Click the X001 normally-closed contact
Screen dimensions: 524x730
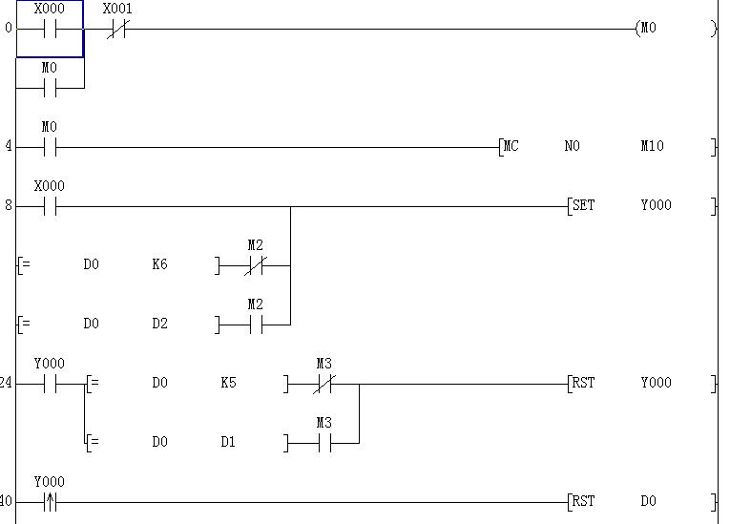point(116,29)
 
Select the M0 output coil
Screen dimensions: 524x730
point(649,29)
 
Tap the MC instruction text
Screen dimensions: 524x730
point(511,147)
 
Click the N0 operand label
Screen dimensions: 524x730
point(572,147)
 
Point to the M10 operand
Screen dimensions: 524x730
point(652,147)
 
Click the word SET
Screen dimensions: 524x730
point(582,206)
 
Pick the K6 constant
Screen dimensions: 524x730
point(159,265)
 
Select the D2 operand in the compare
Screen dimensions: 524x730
point(159,325)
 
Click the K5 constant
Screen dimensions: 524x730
point(228,384)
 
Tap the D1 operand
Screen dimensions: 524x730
point(228,443)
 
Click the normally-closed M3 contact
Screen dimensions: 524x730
point(324,385)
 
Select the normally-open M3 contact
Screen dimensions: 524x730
point(324,444)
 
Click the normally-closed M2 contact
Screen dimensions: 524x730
point(255,266)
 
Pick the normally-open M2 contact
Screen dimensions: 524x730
point(255,325)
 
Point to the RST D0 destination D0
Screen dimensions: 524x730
point(648,502)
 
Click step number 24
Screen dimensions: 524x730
point(6,384)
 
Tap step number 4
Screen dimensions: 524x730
point(9,147)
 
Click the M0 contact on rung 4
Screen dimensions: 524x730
point(50,148)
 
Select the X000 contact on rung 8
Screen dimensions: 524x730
point(50,207)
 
